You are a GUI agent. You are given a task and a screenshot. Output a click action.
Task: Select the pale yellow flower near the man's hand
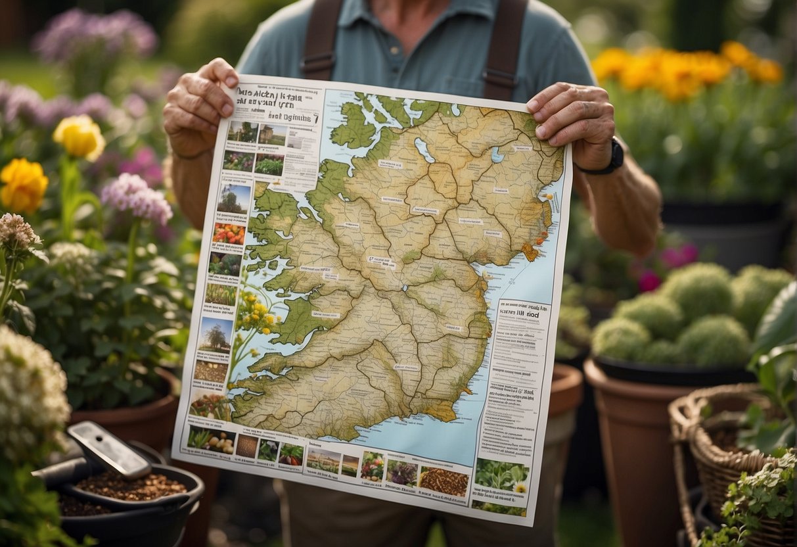[x=79, y=136]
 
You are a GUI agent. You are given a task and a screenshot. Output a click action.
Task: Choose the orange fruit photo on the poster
[x=229, y=234]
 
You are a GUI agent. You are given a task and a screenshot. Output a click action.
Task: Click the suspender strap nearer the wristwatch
[x=504, y=46]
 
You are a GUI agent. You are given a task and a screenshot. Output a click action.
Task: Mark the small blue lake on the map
[x=497, y=155]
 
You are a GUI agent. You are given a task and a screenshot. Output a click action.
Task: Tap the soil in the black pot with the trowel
[x=131, y=487]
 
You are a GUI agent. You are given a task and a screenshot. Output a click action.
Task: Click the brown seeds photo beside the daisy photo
[x=444, y=482]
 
